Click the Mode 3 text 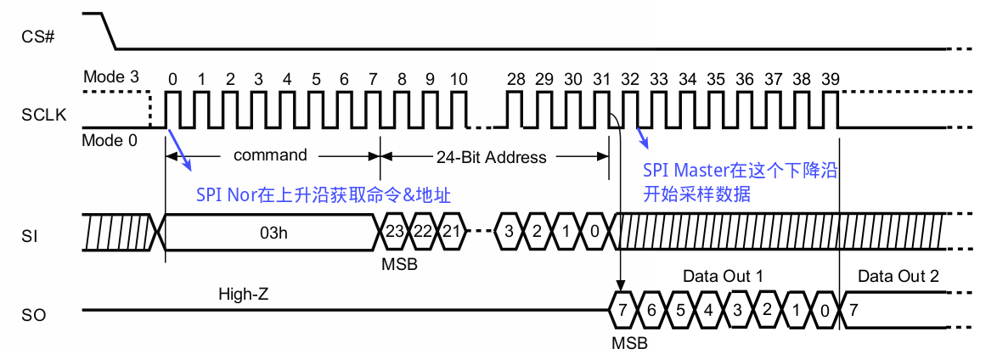coord(110,77)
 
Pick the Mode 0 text coord(109,141)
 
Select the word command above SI coord(270,155)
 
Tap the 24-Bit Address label coord(491,157)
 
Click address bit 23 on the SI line coord(393,232)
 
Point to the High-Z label coord(244,294)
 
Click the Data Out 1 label coord(723,277)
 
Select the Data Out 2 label coord(898,277)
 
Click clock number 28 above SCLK coord(515,79)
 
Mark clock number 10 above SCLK coord(459,79)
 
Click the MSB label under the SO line coord(628,344)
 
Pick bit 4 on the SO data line coord(708,310)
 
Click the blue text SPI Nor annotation coord(323,194)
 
